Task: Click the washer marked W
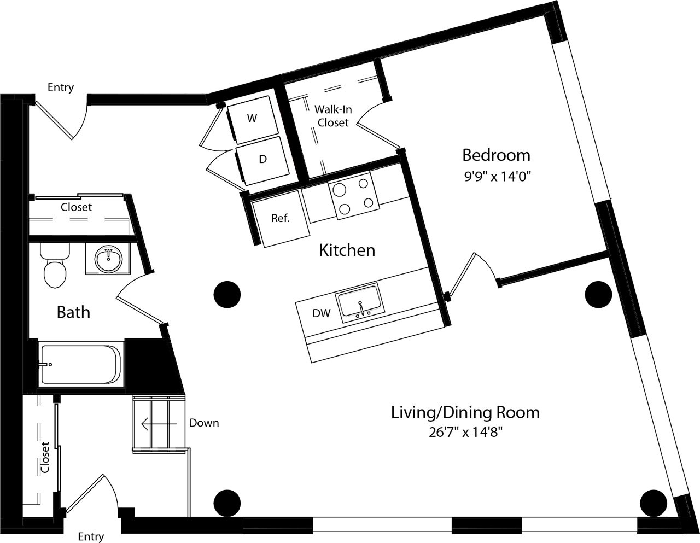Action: click(x=252, y=118)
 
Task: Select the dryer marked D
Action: click(x=262, y=159)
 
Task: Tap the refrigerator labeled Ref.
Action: click(x=280, y=218)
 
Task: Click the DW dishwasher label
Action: click(x=321, y=313)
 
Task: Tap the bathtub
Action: click(x=80, y=364)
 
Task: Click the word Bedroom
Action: click(x=496, y=155)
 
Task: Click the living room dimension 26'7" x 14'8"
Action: click(x=465, y=433)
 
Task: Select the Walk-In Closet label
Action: click(x=332, y=116)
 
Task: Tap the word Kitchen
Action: click(x=347, y=250)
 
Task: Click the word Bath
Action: click(x=73, y=312)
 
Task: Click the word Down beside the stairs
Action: click(x=204, y=423)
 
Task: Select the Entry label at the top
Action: click(x=61, y=87)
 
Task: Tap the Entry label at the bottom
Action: click(x=91, y=536)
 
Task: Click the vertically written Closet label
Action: click(x=45, y=457)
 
